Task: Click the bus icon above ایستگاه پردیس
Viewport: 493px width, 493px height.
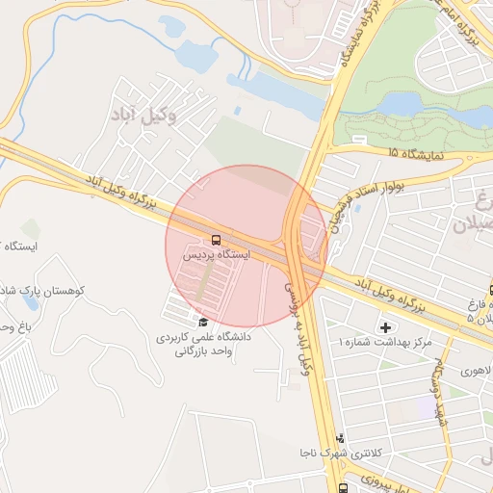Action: pyautogui.click(x=215, y=240)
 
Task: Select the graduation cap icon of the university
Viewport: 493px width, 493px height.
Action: pyautogui.click(x=203, y=322)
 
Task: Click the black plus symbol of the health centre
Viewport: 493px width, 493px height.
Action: pyautogui.click(x=387, y=328)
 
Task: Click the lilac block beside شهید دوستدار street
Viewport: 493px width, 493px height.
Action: pyautogui.click(x=425, y=406)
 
